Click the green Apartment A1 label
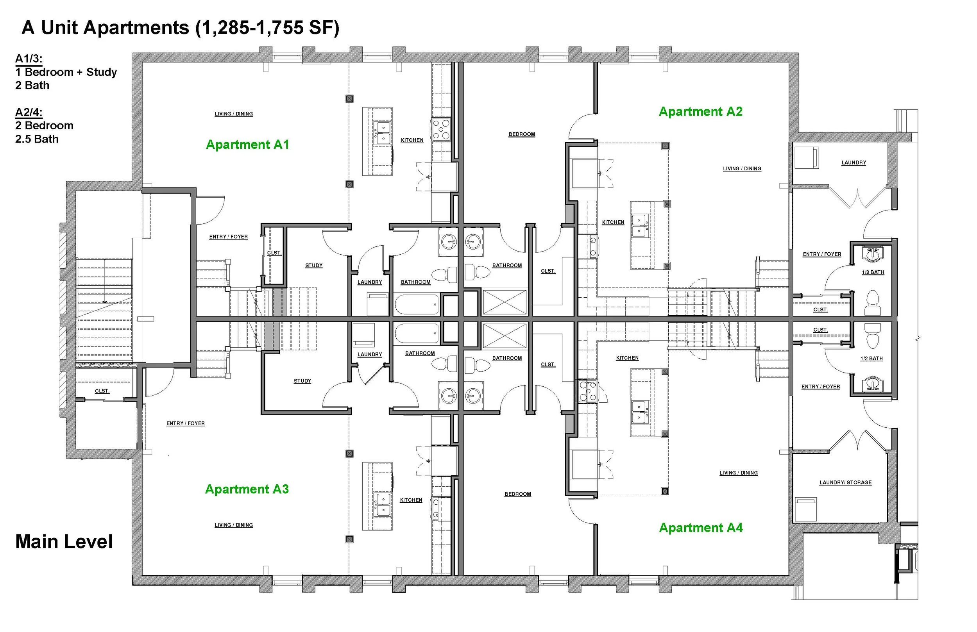point(247,145)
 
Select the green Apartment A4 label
point(701,528)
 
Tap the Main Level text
point(64,542)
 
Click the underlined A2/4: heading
point(29,112)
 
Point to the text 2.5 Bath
point(37,139)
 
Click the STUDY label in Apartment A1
point(314,266)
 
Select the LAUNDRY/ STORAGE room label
point(846,483)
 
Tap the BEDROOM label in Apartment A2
point(522,134)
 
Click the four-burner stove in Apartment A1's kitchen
point(441,129)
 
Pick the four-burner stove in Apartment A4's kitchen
point(588,391)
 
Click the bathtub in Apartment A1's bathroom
point(417,305)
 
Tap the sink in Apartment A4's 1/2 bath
point(872,384)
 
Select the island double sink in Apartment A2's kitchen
point(639,226)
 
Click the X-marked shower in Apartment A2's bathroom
point(505,302)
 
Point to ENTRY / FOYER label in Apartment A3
point(186,423)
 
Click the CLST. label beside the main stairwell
point(102,391)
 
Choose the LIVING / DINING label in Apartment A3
point(234,525)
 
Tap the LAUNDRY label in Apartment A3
point(369,355)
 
